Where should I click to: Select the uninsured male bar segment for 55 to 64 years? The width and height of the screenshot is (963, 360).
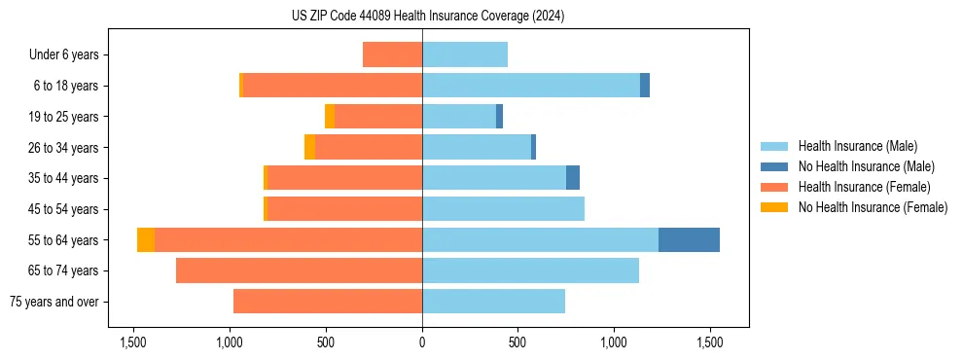pyautogui.click(x=689, y=239)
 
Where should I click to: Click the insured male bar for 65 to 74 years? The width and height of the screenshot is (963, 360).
pyautogui.click(x=530, y=270)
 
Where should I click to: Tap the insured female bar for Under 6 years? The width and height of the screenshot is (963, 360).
pyautogui.click(x=392, y=54)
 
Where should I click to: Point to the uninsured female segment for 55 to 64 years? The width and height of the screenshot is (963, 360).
pyautogui.click(x=146, y=239)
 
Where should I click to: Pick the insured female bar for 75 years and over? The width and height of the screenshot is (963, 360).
pyautogui.click(x=328, y=302)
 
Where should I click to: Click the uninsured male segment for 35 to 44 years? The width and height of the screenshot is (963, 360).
pyautogui.click(x=573, y=178)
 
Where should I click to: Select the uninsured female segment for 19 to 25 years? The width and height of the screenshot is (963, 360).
pyautogui.click(x=330, y=117)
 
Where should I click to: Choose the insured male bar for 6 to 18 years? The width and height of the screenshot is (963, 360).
pyautogui.click(x=530, y=86)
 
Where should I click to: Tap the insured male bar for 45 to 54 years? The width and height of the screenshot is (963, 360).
pyautogui.click(x=503, y=209)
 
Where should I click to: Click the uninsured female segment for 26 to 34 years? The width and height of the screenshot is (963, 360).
pyautogui.click(x=309, y=147)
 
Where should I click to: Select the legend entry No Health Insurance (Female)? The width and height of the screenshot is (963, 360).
pyautogui.click(x=873, y=207)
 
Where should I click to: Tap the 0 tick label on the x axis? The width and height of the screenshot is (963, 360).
pyautogui.click(x=422, y=342)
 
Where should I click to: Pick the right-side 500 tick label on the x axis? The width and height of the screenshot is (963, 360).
pyautogui.click(x=518, y=342)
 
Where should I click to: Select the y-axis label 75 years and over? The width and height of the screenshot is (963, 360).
pyautogui.click(x=54, y=302)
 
